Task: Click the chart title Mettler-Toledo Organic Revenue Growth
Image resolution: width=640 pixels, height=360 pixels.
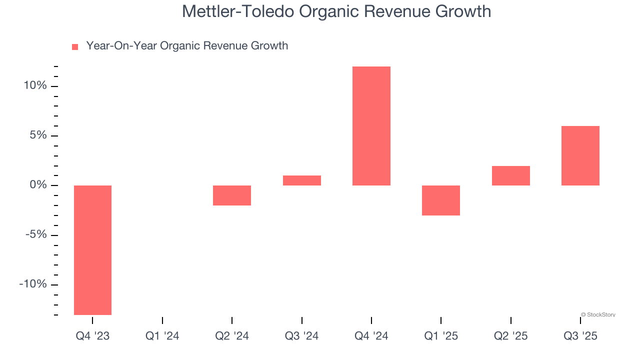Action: pos(336,11)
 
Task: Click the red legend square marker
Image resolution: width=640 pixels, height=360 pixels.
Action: pos(75,47)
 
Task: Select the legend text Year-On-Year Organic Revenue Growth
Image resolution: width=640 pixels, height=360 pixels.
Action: pos(187,46)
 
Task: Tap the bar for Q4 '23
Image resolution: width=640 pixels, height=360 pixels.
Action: pos(92,250)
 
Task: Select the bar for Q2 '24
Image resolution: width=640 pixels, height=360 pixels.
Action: pos(232,195)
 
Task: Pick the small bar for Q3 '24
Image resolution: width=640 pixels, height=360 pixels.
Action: pos(301,180)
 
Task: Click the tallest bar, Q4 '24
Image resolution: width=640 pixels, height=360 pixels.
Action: pos(371,126)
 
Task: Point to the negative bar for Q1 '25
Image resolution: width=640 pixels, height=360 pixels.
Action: pos(441,200)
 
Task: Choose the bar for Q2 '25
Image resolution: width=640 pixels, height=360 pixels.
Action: pos(510,175)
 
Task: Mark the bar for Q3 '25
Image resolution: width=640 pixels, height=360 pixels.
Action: pos(580,155)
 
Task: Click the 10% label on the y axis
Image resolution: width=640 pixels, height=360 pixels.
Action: pos(35,86)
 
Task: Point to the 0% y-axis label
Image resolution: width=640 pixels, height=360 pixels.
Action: pos(37,185)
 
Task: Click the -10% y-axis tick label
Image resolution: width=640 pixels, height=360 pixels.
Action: pos(33,284)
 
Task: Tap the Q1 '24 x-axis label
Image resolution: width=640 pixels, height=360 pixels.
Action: pos(162,336)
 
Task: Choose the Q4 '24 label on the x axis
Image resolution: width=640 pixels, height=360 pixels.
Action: pos(371,336)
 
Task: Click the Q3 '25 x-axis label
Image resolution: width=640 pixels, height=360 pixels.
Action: pos(580,336)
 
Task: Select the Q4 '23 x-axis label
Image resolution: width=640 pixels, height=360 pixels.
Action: pos(92,336)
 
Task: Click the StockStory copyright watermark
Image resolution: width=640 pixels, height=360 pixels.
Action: pos(598,315)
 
